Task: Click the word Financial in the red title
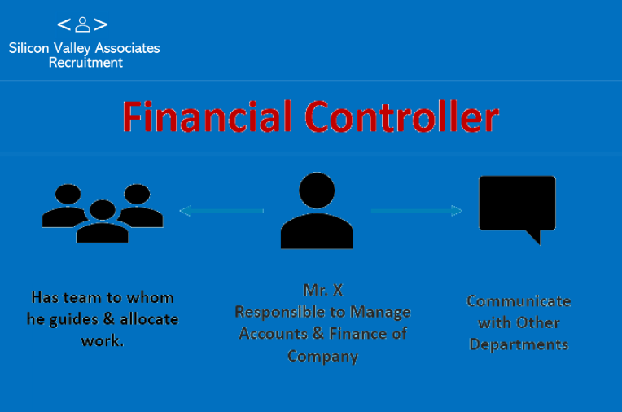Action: point(207,116)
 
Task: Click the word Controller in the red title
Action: point(401,116)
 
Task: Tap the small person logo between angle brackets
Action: point(82,24)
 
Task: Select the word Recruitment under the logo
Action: point(85,63)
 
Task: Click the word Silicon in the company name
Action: point(29,48)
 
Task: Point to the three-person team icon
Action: point(103,213)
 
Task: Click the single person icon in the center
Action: point(317,210)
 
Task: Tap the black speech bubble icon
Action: point(517,206)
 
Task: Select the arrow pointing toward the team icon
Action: point(221,211)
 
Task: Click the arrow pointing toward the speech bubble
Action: point(417,211)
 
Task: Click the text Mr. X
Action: point(323,290)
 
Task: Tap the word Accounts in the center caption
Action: point(274,334)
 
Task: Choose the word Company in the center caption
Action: point(323,357)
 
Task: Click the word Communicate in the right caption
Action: point(519,301)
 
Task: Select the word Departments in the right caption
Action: point(519,345)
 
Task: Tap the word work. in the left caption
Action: point(103,341)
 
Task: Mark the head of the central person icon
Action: point(317,191)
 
